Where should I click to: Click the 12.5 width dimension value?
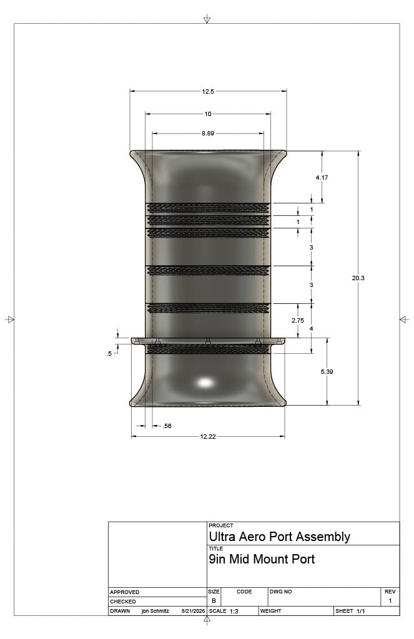click(207, 92)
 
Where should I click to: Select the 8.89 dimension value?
click(207, 134)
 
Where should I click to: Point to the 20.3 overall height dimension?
click(358, 278)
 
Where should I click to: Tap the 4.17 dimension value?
click(322, 177)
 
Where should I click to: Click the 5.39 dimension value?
click(327, 371)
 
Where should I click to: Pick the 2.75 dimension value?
click(298, 320)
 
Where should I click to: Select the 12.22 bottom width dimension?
click(207, 436)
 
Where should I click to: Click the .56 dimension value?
click(167, 426)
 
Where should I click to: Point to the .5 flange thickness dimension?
click(109, 354)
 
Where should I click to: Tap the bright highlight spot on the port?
click(205, 383)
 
